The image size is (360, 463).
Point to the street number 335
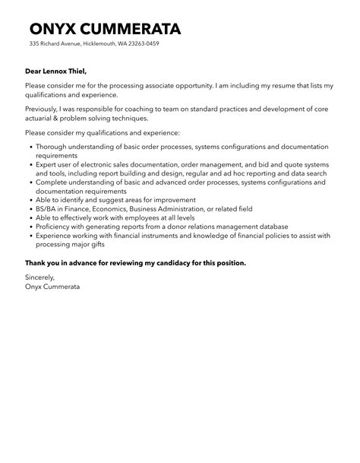click(x=34, y=44)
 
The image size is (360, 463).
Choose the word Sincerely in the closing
click(x=42, y=278)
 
